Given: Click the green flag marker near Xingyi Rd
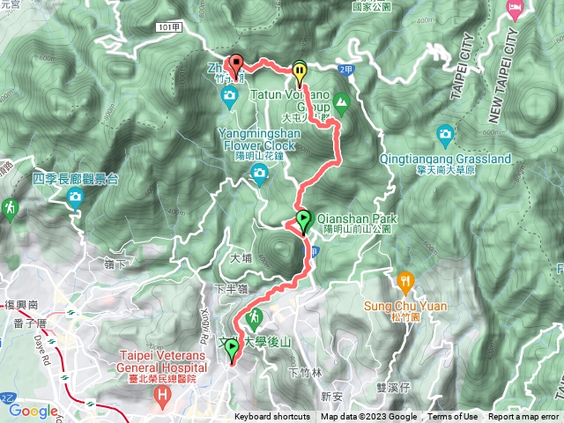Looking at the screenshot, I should (232, 350).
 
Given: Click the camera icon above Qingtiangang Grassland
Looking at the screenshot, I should (446, 135).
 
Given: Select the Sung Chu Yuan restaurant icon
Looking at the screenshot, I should (405, 281).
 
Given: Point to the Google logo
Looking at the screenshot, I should (33, 411).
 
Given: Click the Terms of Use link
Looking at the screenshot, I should (453, 417).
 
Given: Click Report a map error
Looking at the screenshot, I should (523, 417).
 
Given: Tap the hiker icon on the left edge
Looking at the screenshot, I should (10, 209).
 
